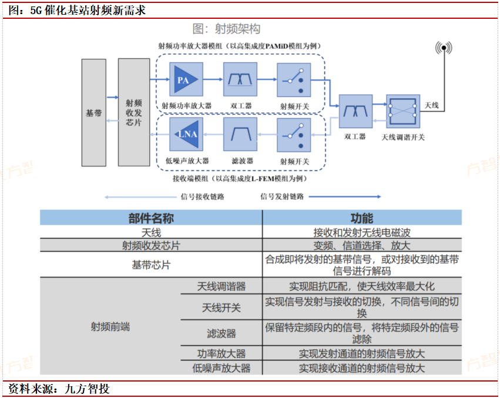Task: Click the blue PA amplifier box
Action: tap(186, 79)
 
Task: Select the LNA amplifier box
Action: tap(186, 135)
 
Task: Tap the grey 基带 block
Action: tap(94, 112)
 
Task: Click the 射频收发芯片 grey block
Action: tap(134, 112)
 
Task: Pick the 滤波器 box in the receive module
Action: tap(240, 135)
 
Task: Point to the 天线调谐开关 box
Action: tap(403, 111)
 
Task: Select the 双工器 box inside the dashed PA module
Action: tap(240, 79)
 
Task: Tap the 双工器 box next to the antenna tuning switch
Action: tap(355, 112)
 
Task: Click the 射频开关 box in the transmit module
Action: tap(294, 79)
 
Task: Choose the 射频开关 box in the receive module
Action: tap(294, 135)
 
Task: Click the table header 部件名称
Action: tap(151, 218)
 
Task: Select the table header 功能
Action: tap(361, 218)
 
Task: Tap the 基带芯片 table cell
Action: tap(151, 265)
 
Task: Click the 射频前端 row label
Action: tap(110, 327)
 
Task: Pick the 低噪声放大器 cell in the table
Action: tap(221, 368)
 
